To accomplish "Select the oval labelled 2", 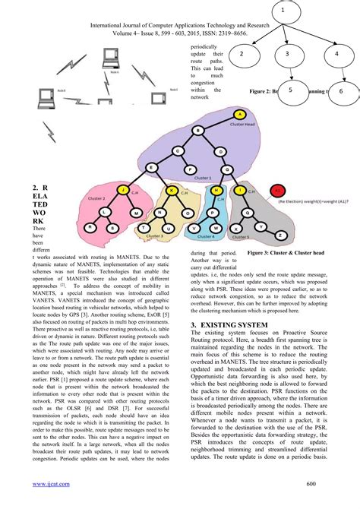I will coord(240,55).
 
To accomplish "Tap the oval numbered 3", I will coord(288,55).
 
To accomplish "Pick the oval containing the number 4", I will coord(336,55).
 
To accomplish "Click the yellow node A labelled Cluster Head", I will coord(239,115).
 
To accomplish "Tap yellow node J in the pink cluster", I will coord(121,189).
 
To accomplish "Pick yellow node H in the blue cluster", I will coord(216,189).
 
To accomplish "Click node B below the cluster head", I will coord(199,131).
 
